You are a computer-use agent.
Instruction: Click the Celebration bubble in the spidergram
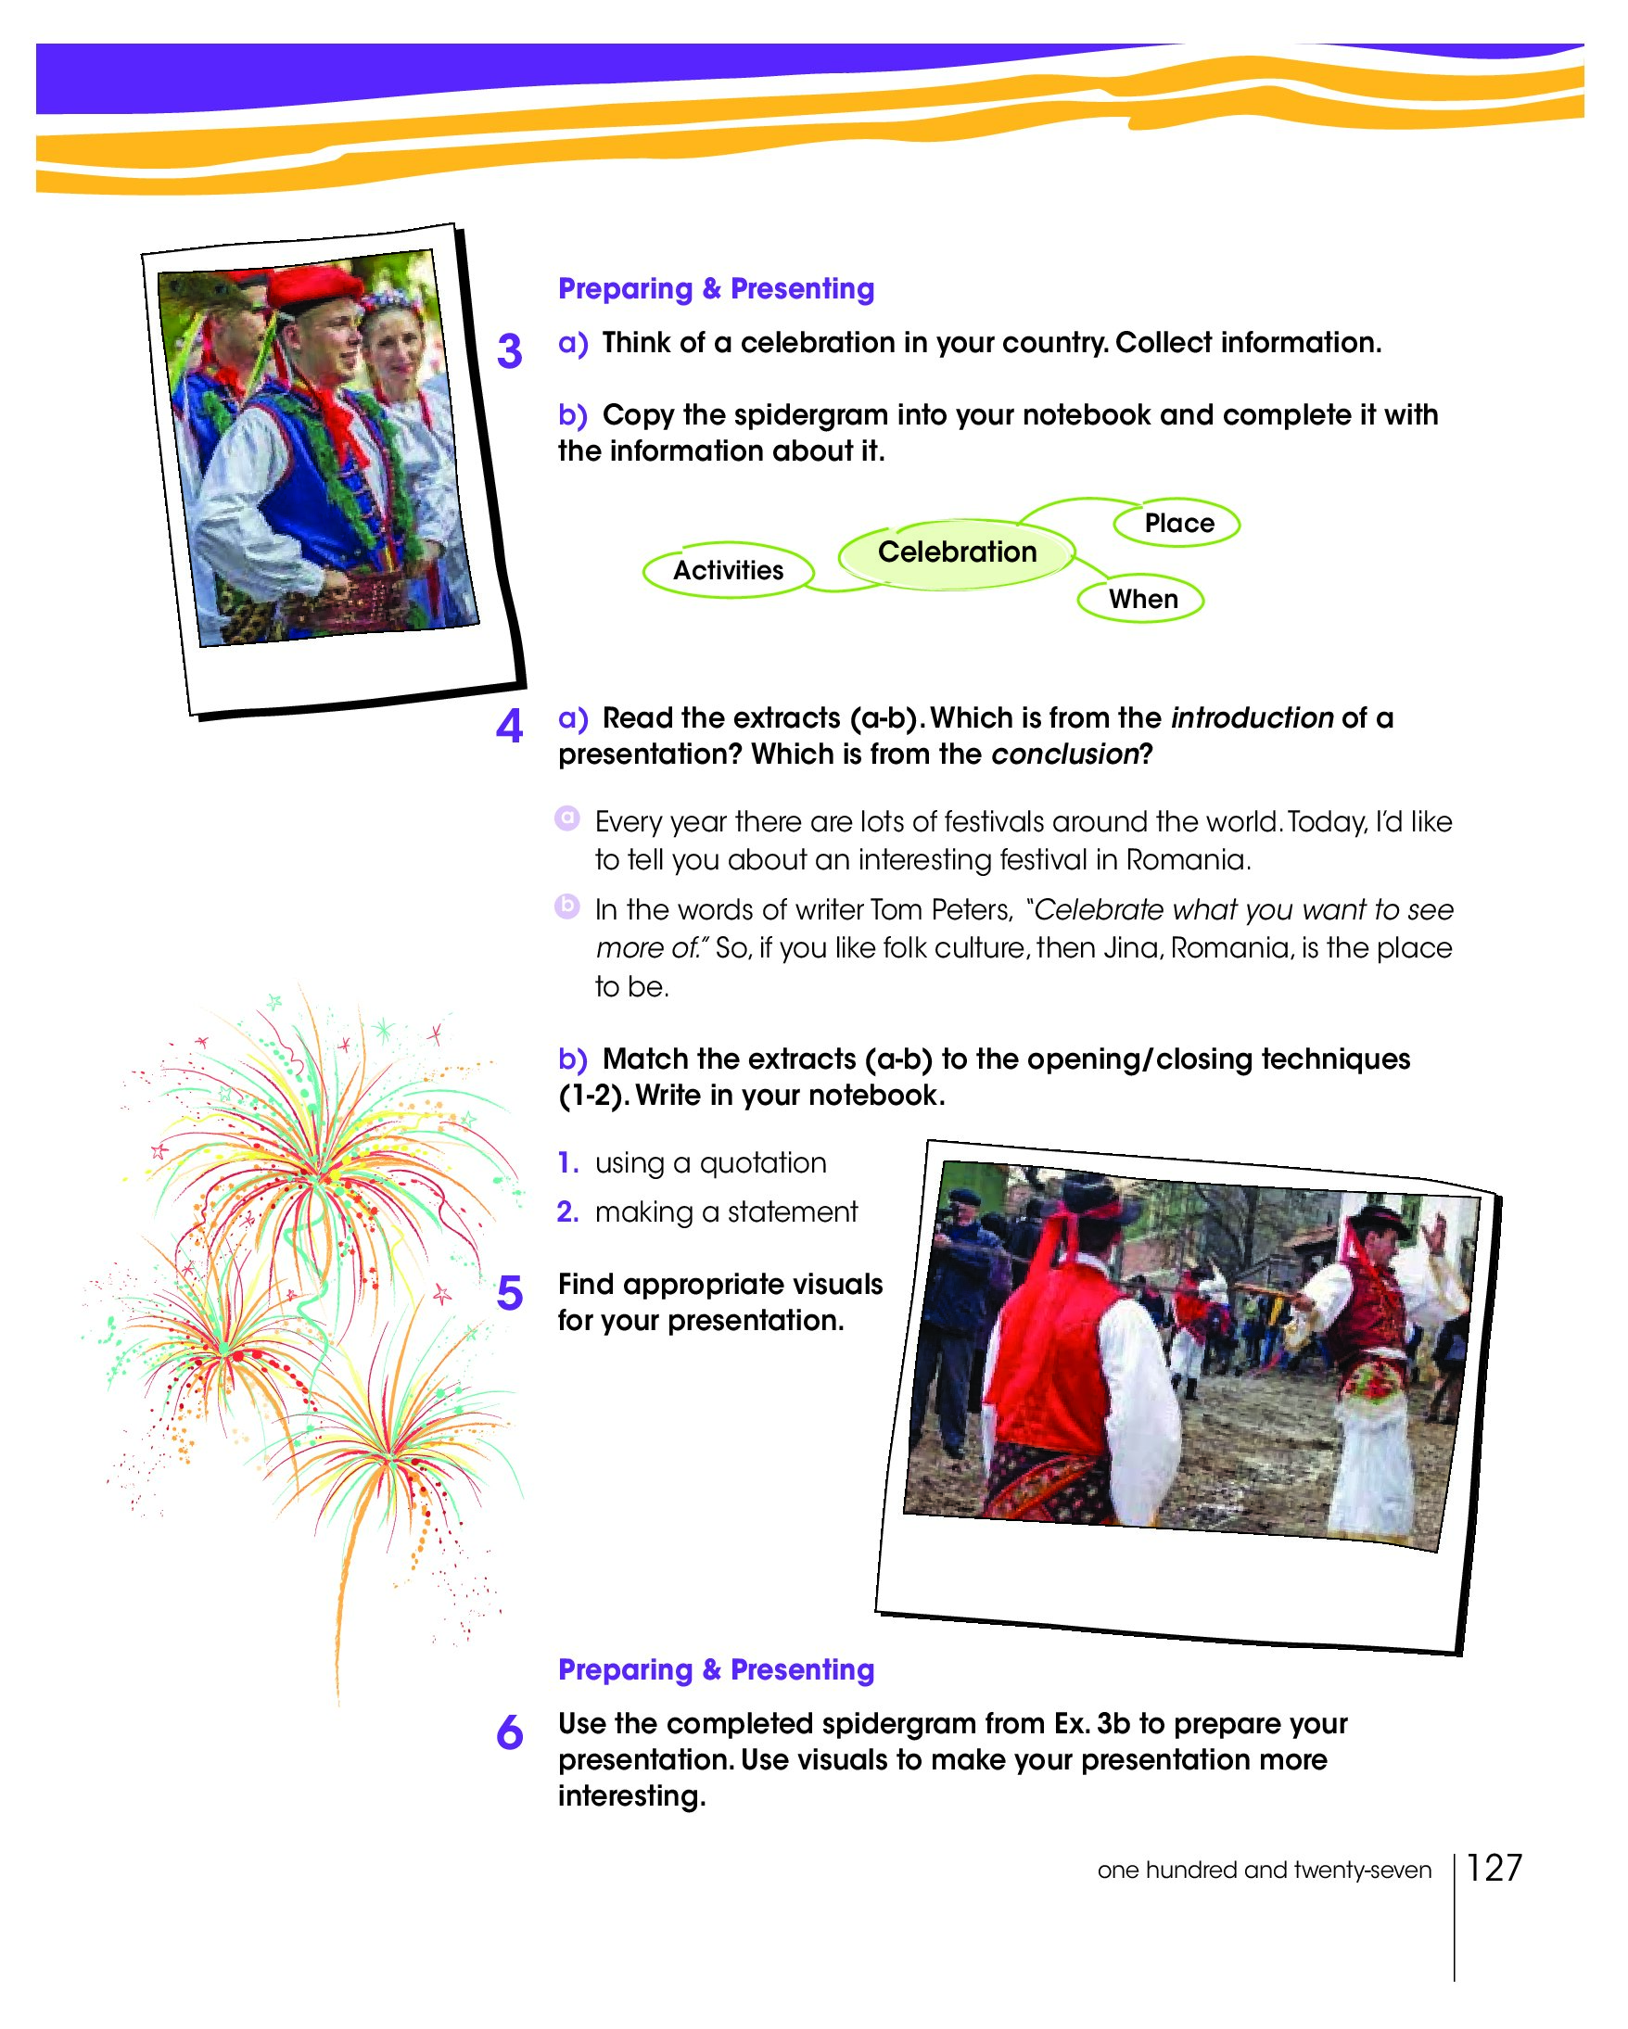(956, 552)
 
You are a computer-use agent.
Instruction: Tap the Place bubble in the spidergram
(1178, 524)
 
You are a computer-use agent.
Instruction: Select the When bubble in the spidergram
(1142, 600)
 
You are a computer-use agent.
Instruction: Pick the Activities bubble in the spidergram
(728, 570)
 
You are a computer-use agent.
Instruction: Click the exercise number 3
(509, 352)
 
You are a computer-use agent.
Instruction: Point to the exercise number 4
(509, 727)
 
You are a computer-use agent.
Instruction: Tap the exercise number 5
(509, 1293)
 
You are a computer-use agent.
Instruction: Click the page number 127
(1494, 1868)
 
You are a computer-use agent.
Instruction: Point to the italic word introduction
(1251, 718)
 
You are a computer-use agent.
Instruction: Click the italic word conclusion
(1064, 755)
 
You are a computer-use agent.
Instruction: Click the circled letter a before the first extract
(566, 818)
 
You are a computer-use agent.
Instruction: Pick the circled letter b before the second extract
(566, 907)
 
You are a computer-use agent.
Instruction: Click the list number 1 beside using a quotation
(566, 1163)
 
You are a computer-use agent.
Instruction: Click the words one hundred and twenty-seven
(1263, 1870)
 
